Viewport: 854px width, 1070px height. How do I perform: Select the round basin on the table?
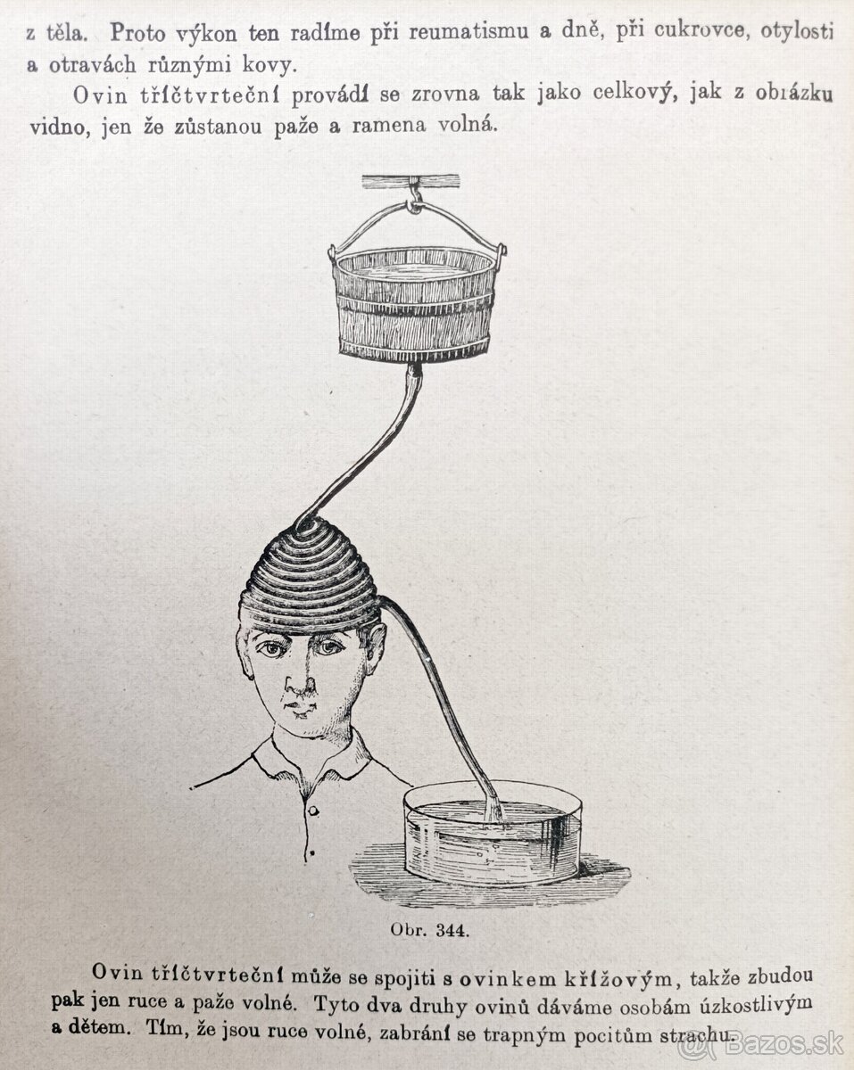[x=493, y=835]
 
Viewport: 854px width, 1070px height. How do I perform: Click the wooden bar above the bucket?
[x=410, y=180]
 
